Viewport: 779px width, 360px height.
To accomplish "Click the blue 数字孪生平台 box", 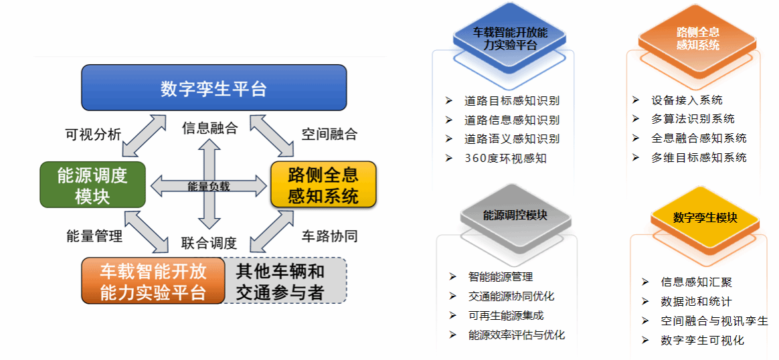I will click(213, 88).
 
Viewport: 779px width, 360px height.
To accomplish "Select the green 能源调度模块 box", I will click(92, 185).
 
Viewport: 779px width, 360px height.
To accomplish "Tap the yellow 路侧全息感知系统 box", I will click(323, 185).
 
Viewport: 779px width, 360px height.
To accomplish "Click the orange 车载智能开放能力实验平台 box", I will click(153, 281).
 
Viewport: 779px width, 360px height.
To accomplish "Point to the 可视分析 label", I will click(93, 134).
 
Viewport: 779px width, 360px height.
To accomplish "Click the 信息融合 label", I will click(209, 128).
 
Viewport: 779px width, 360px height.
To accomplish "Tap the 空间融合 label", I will click(329, 134).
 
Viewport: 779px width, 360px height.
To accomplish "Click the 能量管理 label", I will click(94, 236).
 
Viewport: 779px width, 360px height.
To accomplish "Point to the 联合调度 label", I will click(209, 243).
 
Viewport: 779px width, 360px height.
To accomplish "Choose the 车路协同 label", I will click(329, 236).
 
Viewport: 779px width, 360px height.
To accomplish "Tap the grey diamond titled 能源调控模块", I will click(515, 215).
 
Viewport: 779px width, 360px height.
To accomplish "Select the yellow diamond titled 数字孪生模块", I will click(705, 218).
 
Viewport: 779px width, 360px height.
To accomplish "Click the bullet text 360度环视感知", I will click(505, 159).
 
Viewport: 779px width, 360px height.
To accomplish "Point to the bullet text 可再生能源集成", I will click(506, 315).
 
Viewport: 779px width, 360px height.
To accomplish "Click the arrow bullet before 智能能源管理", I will click(454, 276).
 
